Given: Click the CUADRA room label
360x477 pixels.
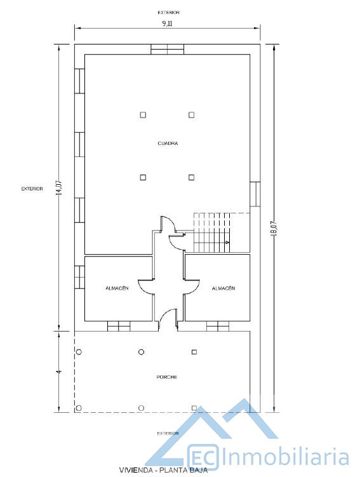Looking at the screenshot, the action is pyautogui.click(x=168, y=144).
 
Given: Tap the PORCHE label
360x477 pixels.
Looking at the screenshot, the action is pyautogui.click(x=166, y=377).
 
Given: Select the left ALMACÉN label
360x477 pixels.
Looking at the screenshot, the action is pyautogui.click(x=117, y=288).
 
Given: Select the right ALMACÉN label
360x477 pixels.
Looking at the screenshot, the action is pyautogui.click(x=223, y=288).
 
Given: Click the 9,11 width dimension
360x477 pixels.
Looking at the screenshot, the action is pyautogui.click(x=167, y=24).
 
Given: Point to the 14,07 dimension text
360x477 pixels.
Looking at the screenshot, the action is pyautogui.click(x=59, y=188).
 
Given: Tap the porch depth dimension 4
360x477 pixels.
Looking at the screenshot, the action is pyautogui.click(x=59, y=372).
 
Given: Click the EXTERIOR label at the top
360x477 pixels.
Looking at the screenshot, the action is pyautogui.click(x=168, y=13).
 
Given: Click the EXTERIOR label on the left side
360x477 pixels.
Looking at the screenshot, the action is pyautogui.click(x=32, y=189).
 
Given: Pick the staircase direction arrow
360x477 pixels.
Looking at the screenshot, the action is pyautogui.click(x=227, y=242).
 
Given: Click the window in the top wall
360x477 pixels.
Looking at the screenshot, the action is pyautogui.click(x=167, y=50).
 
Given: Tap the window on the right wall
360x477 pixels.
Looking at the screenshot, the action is pyautogui.click(x=255, y=194).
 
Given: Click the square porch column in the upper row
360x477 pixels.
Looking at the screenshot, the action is pyautogui.click(x=194, y=352).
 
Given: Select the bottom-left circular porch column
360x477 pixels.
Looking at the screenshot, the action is pyautogui.click(x=79, y=408).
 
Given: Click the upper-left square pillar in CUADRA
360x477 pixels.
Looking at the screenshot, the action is pyautogui.click(x=143, y=115).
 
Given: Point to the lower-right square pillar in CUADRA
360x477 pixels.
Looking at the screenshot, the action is pyautogui.click(x=191, y=177).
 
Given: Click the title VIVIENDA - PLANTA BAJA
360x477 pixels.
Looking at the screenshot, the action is pyautogui.click(x=164, y=470).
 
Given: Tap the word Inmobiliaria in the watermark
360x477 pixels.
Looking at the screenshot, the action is pyautogui.click(x=285, y=457).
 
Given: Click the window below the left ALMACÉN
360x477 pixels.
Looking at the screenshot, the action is pyautogui.click(x=119, y=326).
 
